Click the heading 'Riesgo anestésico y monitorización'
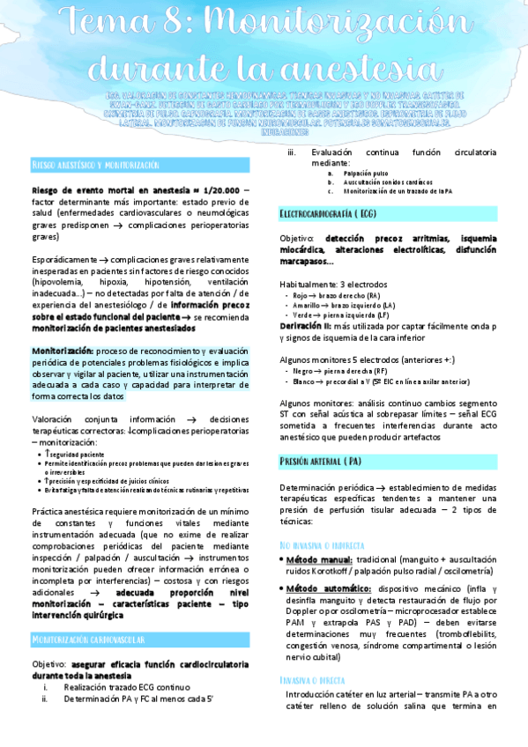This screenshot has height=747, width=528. pos(95,165)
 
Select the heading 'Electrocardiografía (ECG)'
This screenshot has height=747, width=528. pos(331,214)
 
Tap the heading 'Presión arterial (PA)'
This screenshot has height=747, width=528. pos(320,461)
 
